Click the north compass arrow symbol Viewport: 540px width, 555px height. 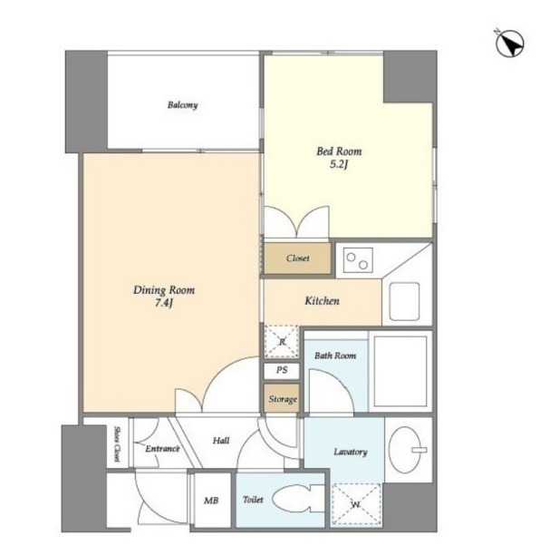coord(509,44)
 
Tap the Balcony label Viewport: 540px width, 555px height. coord(182,105)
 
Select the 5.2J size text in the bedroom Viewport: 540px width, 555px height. coord(339,164)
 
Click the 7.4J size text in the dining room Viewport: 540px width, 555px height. coord(164,303)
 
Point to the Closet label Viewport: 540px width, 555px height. coord(298,258)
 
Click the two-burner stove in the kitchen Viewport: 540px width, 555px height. coord(358,260)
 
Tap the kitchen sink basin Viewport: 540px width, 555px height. coord(405,302)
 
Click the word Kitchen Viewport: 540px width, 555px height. coord(323,301)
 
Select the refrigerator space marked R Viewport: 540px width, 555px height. coord(282,342)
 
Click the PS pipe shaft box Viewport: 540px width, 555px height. coord(282,371)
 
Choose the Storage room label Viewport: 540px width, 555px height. coord(283,399)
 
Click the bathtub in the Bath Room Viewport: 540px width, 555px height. coord(400,371)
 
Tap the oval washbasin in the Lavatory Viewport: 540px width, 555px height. coord(405,450)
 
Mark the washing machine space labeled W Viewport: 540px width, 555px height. coord(356,504)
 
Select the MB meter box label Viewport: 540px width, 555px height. coord(211,501)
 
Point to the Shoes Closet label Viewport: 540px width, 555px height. coord(116,443)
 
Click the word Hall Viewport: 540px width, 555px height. coord(221,441)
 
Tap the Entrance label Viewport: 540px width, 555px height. coord(163,449)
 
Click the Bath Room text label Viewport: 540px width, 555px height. coord(335,355)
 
